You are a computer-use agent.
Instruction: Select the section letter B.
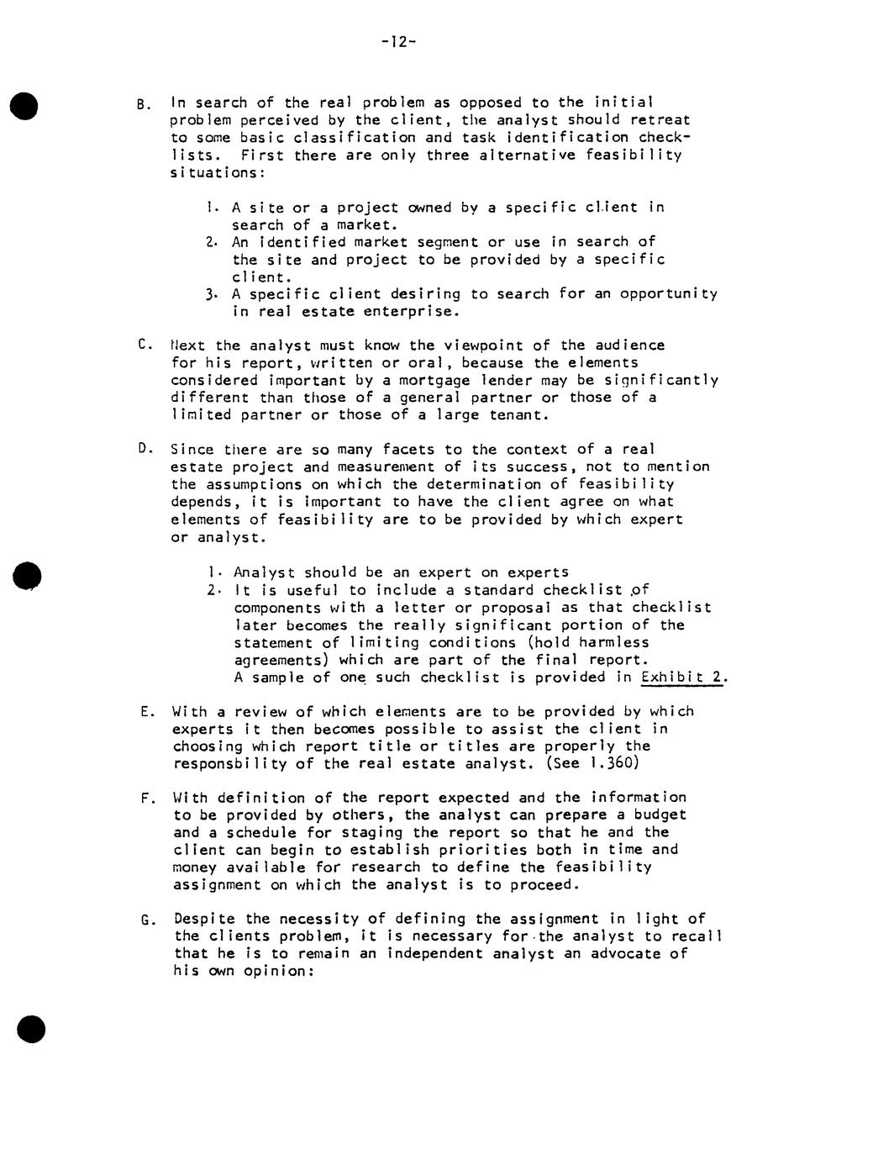point(142,105)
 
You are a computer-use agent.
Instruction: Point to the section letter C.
point(143,344)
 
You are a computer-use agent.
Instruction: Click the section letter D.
point(143,448)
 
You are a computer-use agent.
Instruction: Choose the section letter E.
point(146,712)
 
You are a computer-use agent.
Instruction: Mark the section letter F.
point(146,798)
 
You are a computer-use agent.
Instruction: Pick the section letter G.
point(146,919)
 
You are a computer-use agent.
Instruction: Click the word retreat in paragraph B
point(660,120)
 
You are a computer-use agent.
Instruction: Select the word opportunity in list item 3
point(669,294)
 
